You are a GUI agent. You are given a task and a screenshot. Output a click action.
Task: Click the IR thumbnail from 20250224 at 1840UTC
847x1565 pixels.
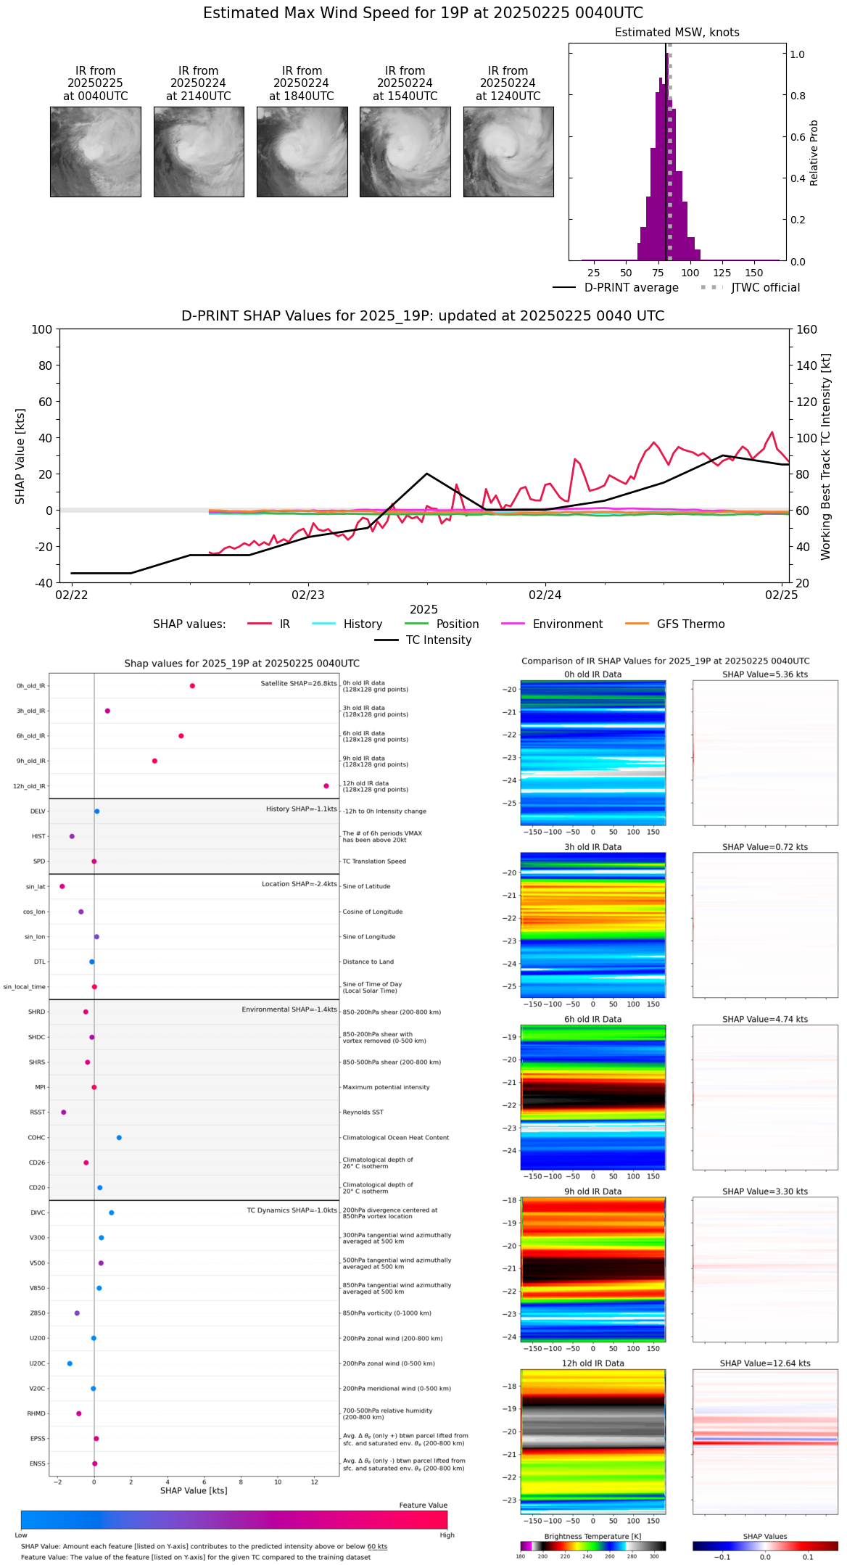(x=302, y=152)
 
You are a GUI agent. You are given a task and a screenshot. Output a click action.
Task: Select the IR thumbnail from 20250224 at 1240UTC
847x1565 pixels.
(x=508, y=152)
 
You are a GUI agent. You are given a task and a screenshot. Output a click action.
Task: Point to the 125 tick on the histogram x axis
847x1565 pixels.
(x=722, y=273)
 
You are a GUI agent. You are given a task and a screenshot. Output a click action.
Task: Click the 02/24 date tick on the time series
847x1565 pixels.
(x=545, y=595)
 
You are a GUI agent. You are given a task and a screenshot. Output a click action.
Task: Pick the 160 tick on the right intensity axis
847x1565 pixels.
(x=807, y=330)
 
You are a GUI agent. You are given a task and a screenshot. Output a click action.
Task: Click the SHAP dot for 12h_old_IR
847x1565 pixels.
(x=326, y=786)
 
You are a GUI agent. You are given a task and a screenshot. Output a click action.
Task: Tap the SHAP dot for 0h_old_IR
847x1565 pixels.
(x=192, y=686)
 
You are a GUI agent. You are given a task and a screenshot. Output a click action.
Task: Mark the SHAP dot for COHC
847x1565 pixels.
(x=119, y=1138)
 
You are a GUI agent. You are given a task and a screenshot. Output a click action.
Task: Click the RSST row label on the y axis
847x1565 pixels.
(x=38, y=1112)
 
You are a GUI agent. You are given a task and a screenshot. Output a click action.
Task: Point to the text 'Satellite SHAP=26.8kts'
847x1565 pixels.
(x=299, y=684)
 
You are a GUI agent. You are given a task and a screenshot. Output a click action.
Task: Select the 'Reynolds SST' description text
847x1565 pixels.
(x=363, y=1112)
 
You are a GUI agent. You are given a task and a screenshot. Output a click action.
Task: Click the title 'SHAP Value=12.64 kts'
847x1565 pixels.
(x=765, y=1363)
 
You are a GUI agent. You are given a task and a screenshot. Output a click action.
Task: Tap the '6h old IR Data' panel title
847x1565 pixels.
(x=592, y=1020)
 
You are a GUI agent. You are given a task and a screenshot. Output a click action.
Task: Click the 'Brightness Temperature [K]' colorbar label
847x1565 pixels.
(x=592, y=1537)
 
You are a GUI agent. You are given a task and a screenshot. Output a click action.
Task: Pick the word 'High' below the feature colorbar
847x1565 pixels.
(x=447, y=1535)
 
